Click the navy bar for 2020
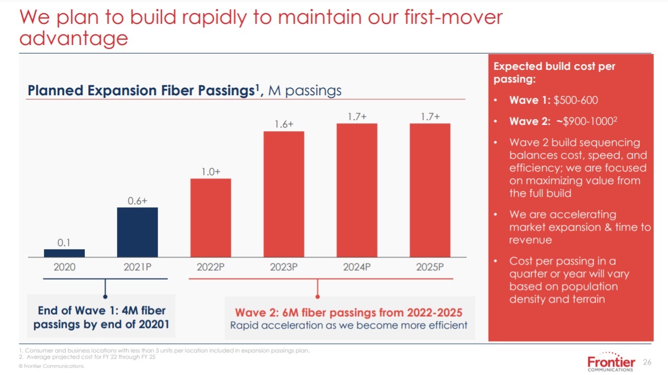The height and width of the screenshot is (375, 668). tap(64, 253)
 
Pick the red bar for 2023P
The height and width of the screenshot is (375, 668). tap(284, 194)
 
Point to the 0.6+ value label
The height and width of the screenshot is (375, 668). tap(137, 200)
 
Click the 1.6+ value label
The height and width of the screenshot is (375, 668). tap(284, 124)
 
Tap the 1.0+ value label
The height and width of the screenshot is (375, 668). tap(210, 172)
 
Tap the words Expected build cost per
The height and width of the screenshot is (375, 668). tap(554, 67)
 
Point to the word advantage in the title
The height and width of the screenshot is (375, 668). tap(74, 38)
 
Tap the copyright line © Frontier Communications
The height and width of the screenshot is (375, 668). tap(51, 366)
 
